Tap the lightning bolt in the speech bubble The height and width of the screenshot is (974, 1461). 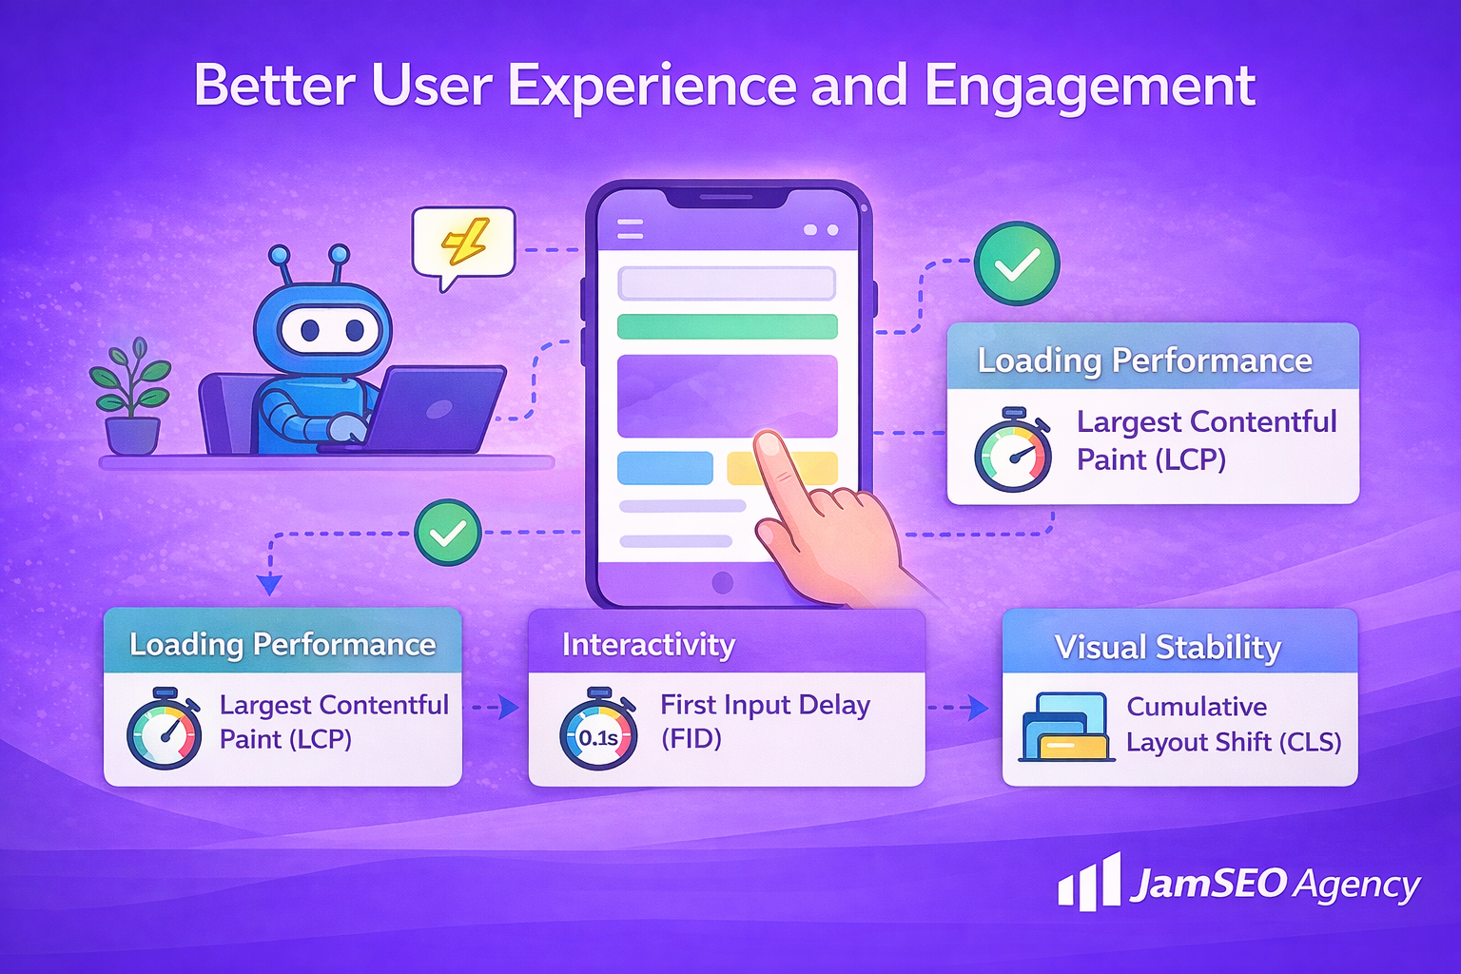[x=464, y=242]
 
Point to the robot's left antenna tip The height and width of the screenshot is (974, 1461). [x=279, y=254]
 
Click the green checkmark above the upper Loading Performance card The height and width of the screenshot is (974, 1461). [x=1017, y=263]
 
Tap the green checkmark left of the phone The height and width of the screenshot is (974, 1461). [x=447, y=533]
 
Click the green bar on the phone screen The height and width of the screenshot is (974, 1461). [x=727, y=326]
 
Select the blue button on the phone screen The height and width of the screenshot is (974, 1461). [x=665, y=468]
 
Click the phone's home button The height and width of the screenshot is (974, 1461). [x=723, y=582]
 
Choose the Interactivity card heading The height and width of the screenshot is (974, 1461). [x=649, y=645]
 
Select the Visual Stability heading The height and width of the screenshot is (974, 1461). [x=1168, y=648]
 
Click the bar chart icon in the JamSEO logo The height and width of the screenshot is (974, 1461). [x=1089, y=882]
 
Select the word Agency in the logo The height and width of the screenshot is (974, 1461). [x=1357, y=886]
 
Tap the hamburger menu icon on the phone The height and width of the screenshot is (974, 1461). [x=630, y=229]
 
